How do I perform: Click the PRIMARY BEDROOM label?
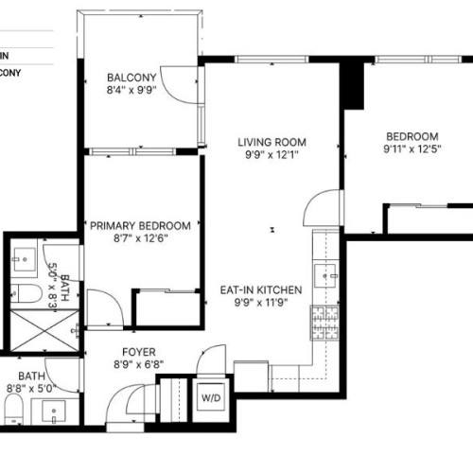(x=140, y=226)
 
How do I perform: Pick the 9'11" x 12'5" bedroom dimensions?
(x=412, y=149)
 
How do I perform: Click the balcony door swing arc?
(x=176, y=82)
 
